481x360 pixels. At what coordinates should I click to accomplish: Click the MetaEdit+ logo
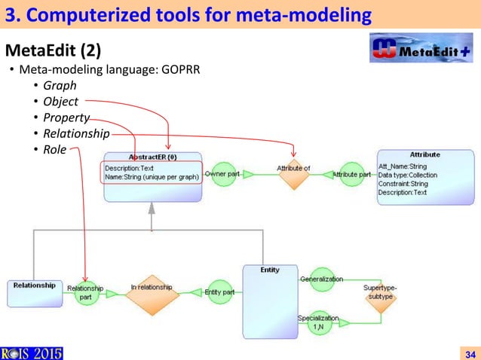(421, 51)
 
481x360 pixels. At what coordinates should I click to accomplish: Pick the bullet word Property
(66, 117)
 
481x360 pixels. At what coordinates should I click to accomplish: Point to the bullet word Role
(54, 149)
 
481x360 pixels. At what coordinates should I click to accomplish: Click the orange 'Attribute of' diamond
(293, 174)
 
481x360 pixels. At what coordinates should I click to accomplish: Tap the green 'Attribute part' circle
(351, 175)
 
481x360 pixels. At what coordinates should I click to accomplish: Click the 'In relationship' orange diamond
(152, 292)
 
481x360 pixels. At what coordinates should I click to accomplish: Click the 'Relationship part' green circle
(85, 292)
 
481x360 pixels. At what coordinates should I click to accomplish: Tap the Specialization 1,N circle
(320, 322)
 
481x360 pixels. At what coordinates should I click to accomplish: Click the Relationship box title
(34, 285)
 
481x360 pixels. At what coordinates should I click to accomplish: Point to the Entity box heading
(270, 270)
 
